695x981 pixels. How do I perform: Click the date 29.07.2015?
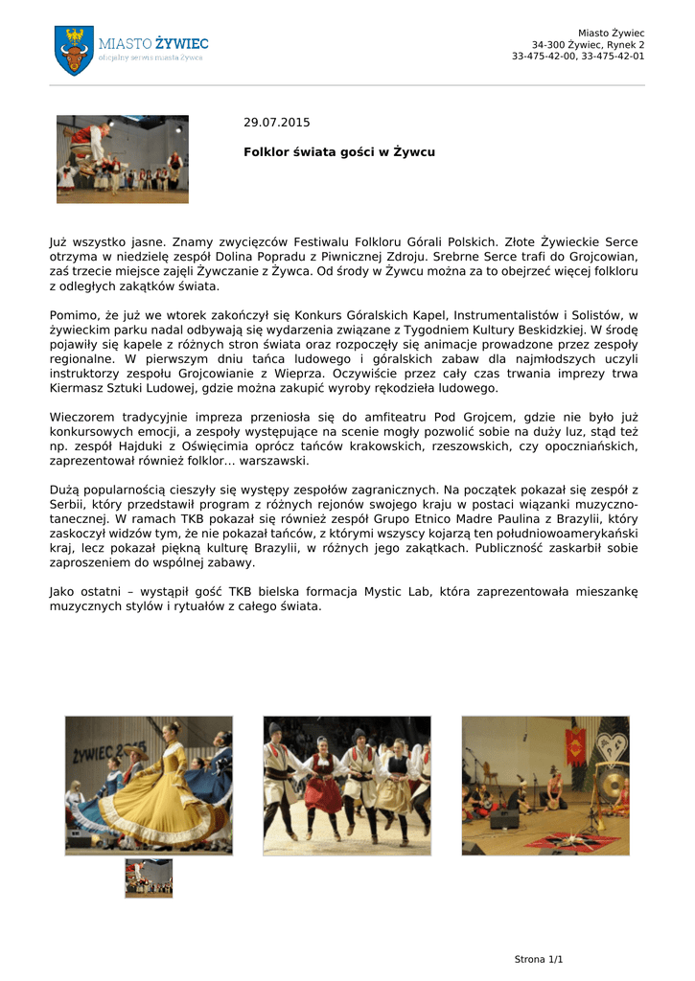tap(277, 123)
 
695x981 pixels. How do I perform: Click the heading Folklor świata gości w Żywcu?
tap(339, 152)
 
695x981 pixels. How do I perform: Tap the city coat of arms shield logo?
tap(74, 50)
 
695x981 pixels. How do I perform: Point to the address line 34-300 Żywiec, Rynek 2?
tap(588, 45)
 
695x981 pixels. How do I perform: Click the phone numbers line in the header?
tap(578, 57)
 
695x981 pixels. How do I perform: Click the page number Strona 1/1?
tap(539, 959)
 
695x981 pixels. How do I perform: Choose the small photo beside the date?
tap(122, 159)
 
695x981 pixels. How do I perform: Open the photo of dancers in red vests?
tap(347, 785)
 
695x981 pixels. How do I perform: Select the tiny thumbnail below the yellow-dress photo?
tap(149, 878)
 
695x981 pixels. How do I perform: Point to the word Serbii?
tap(67, 505)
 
